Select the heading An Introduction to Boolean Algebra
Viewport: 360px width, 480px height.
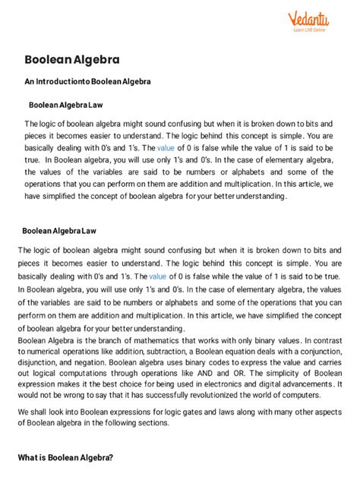coord(87,81)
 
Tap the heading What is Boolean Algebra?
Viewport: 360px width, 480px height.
coord(65,458)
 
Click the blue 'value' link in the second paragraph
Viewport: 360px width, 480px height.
coord(158,276)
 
